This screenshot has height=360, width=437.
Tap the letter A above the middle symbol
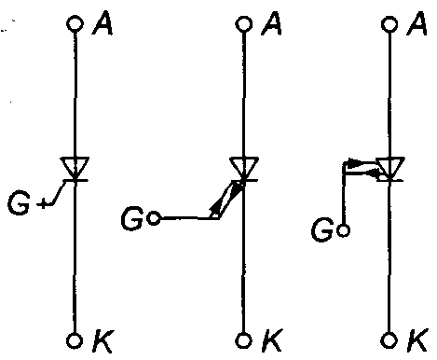click(x=270, y=23)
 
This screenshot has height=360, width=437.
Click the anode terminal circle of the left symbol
click(x=75, y=22)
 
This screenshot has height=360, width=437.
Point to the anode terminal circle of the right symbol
click(x=389, y=22)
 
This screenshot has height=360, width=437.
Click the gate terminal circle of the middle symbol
click(x=154, y=219)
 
